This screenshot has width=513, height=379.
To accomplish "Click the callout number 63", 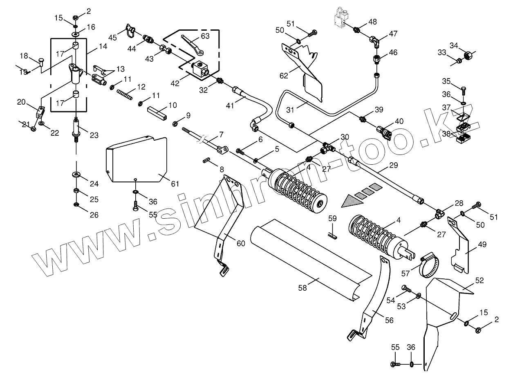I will click(205, 36).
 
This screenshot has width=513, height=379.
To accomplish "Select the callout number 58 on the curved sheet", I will click(302, 288).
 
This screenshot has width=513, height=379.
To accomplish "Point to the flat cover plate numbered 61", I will click(137, 159).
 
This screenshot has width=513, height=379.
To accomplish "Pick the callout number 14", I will click(103, 47).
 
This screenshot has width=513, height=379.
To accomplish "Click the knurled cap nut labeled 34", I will click(469, 55).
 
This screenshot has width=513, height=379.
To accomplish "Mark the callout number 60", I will click(241, 244).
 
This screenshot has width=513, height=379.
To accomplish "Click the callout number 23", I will click(94, 135).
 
